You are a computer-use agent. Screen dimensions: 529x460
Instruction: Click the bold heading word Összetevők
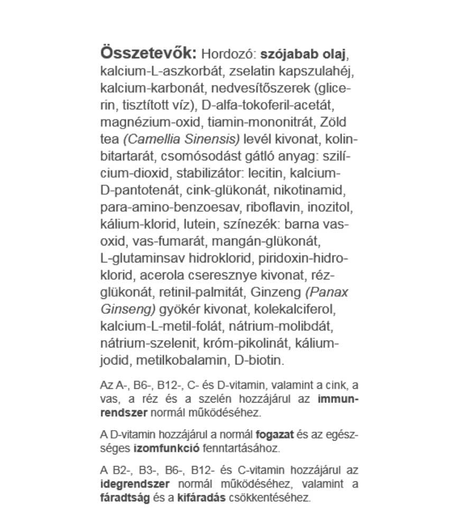pyautogui.click(x=149, y=53)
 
